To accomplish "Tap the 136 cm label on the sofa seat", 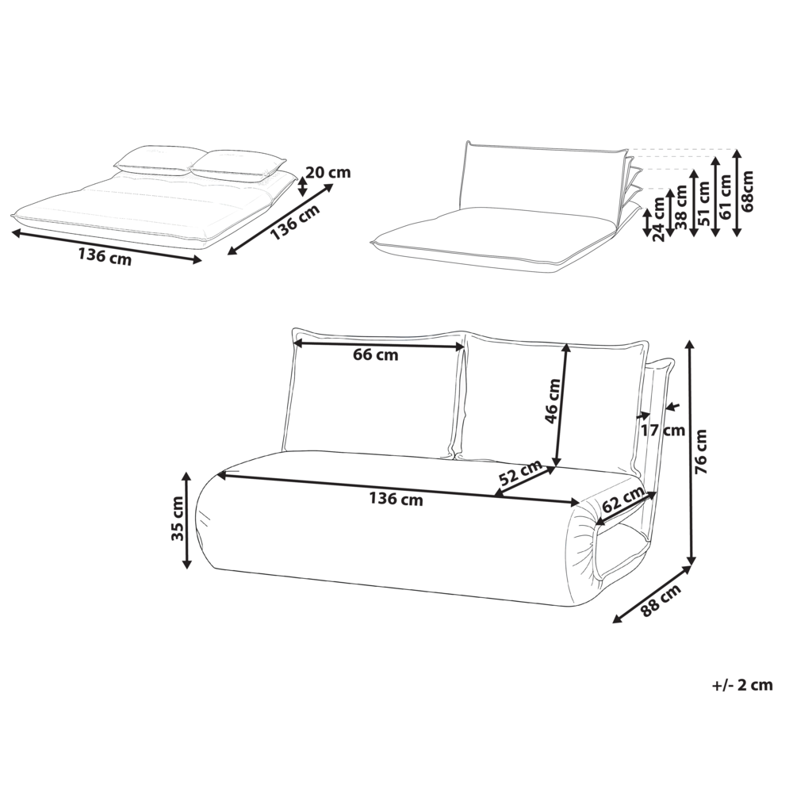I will coord(396,500).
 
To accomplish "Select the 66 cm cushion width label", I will coord(376,355).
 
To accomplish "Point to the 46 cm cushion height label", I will coord(553,402).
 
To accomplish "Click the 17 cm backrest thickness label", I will coord(661,431).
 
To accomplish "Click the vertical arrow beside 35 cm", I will coord(187,519).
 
